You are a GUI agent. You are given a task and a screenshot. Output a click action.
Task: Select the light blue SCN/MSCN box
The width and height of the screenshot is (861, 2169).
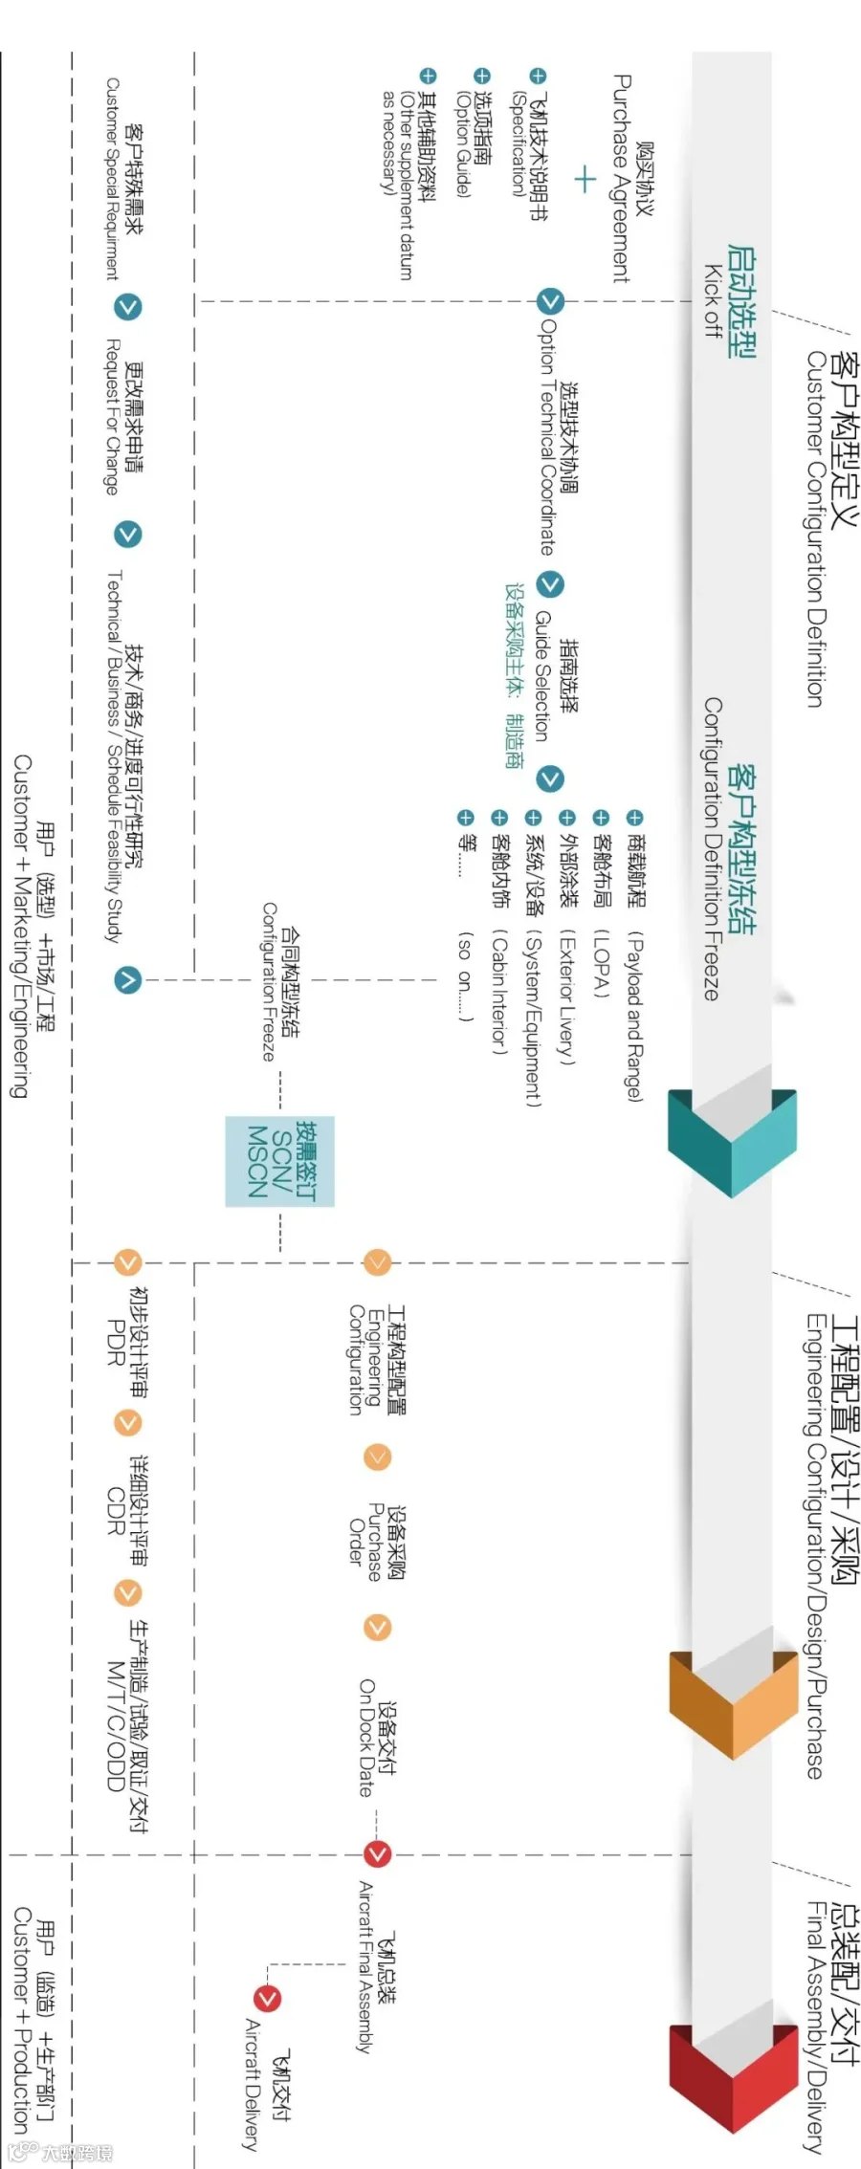coord(279,1161)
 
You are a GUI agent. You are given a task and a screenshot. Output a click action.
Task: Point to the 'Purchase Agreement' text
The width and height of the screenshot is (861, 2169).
coord(620,179)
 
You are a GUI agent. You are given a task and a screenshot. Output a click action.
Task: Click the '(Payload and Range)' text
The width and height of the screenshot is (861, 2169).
coord(634,1016)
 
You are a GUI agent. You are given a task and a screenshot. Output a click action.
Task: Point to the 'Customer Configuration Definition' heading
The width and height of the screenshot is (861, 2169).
coord(814,529)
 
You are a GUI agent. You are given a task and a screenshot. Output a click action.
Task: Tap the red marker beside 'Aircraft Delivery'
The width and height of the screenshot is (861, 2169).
coord(267,1999)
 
